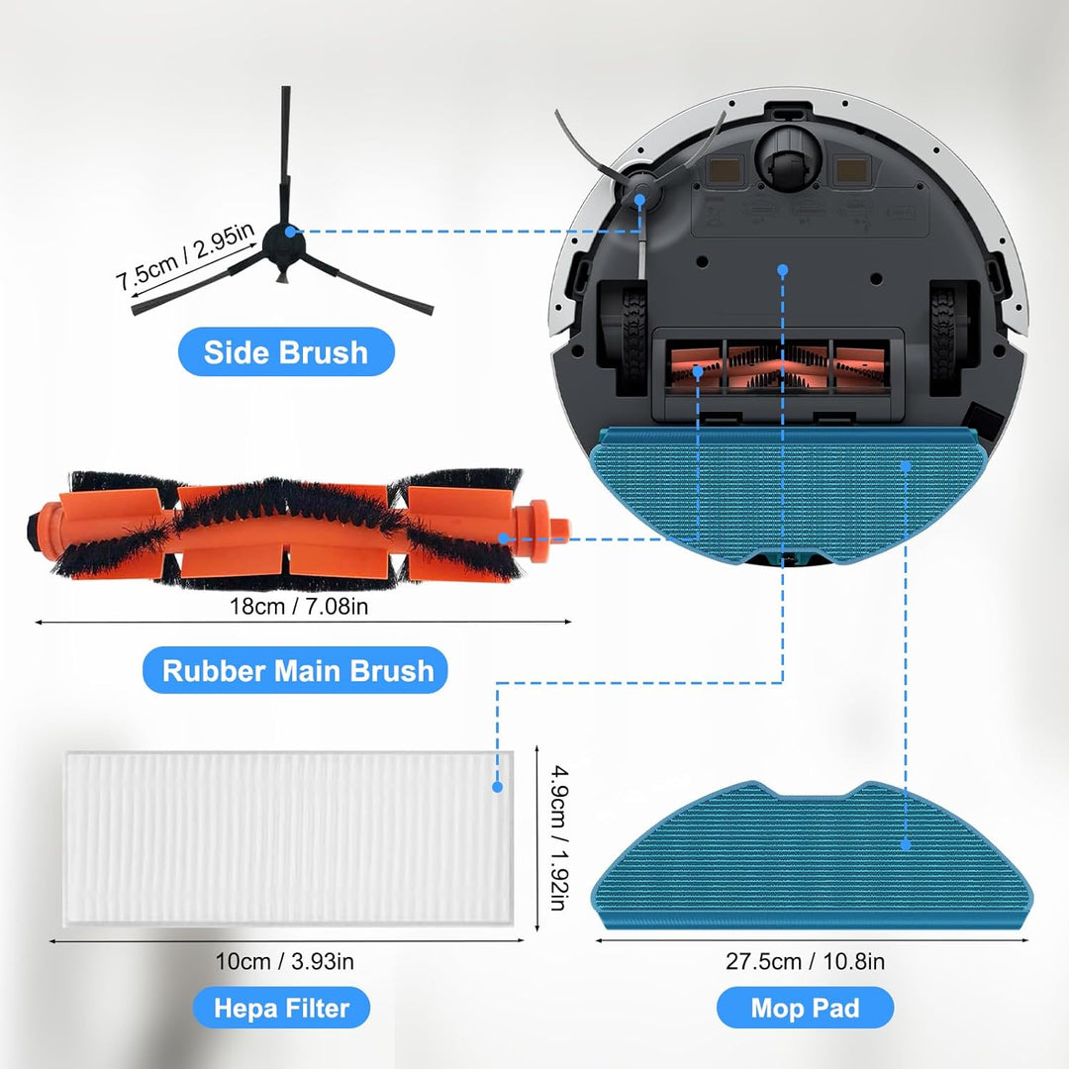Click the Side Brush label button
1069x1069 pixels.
[286, 351]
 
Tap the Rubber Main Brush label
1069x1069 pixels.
[295, 670]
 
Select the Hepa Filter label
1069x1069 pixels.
[281, 1008]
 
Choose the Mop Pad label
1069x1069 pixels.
[805, 1008]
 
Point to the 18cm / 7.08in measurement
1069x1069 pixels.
[299, 606]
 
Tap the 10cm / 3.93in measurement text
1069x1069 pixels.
[284, 961]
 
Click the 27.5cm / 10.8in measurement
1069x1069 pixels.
[805, 961]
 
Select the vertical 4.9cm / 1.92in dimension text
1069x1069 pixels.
[559, 837]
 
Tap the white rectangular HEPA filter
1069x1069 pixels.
[288, 838]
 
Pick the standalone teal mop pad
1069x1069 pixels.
[812, 855]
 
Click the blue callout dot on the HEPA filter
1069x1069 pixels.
[497, 787]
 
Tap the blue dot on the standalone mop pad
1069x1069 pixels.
[906, 844]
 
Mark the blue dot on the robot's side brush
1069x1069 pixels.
[639, 199]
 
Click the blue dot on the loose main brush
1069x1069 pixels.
[503, 538]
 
